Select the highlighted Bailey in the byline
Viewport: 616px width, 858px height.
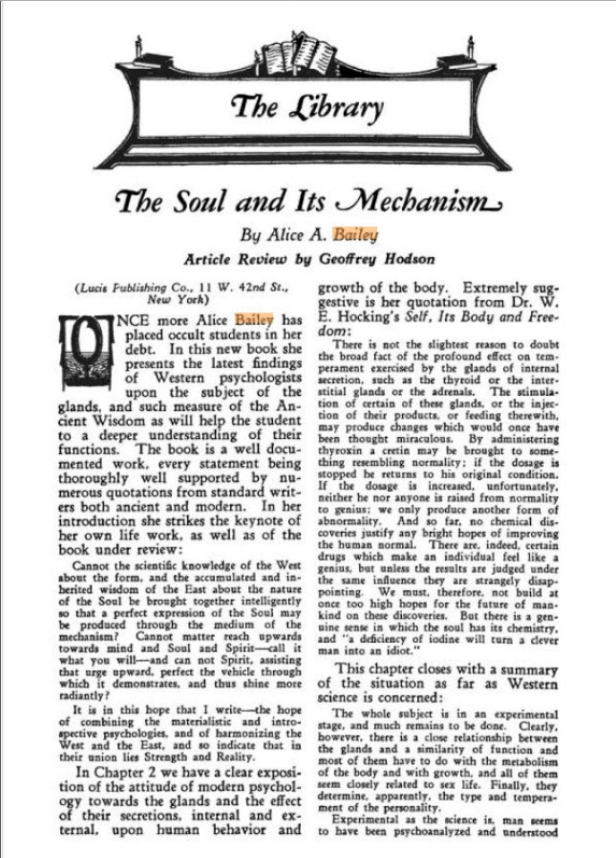pyautogui.click(x=355, y=236)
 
